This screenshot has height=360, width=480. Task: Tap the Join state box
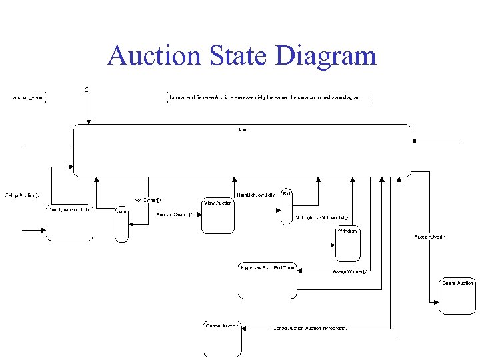[x=121, y=224]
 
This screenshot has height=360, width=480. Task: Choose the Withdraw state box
[x=348, y=243]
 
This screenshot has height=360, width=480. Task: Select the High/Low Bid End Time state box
[x=267, y=281]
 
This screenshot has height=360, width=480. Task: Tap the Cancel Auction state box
[x=222, y=338]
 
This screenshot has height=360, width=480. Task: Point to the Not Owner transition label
[x=148, y=199]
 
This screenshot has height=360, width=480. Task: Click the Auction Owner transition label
[x=175, y=215]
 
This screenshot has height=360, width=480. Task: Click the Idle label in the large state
[x=242, y=129]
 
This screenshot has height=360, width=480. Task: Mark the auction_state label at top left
[x=28, y=97]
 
